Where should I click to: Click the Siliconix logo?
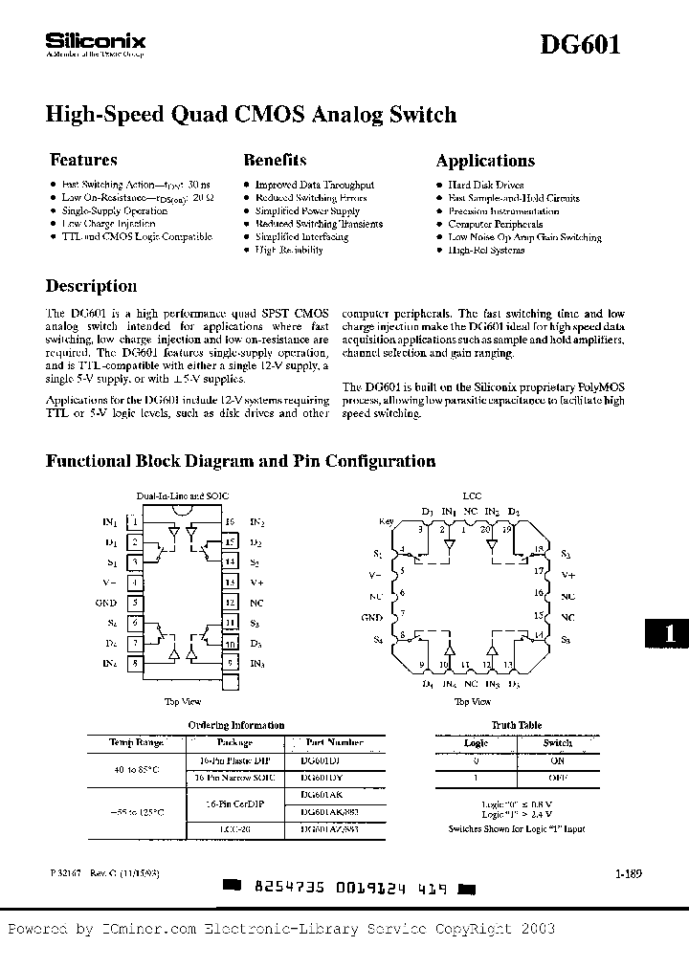pyautogui.click(x=95, y=43)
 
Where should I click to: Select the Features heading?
pyautogui.click(x=83, y=161)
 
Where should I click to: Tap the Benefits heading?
pyautogui.click(x=275, y=161)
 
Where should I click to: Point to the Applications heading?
pyautogui.click(x=485, y=161)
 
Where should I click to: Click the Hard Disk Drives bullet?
pyautogui.click(x=485, y=186)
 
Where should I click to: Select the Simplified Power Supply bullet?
pyautogui.click(x=306, y=211)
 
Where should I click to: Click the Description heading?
pyautogui.click(x=92, y=286)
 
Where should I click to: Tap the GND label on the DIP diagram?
pyautogui.click(x=106, y=604)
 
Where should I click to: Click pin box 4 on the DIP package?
pyautogui.click(x=136, y=583)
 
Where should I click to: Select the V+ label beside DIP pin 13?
pyautogui.click(x=256, y=583)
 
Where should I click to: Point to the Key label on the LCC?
pyautogui.click(x=387, y=521)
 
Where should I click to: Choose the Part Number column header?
pyautogui.click(x=334, y=742)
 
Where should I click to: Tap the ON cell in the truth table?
pyautogui.click(x=557, y=760)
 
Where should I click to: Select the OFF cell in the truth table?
pyautogui.click(x=557, y=779)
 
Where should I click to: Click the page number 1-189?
pyautogui.click(x=616, y=873)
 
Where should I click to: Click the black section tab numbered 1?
pyautogui.click(x=670, y=633)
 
